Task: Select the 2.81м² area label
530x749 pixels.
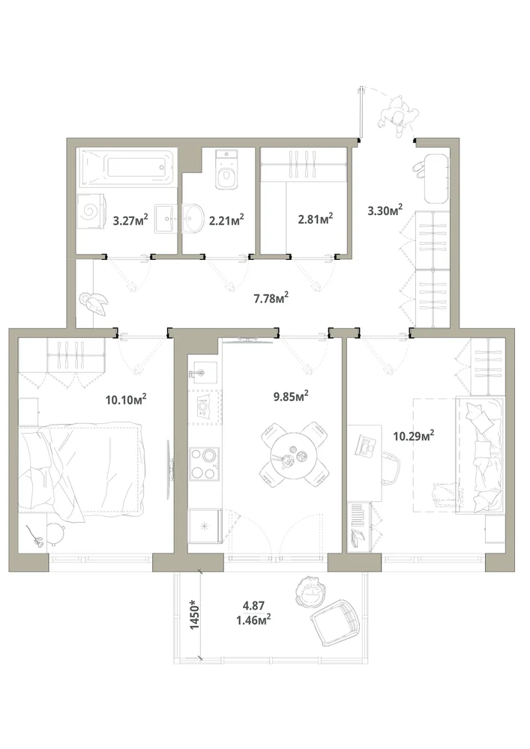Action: click(316, 219)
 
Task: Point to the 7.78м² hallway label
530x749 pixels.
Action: click(271, 299)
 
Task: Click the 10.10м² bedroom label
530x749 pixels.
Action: click(126, 399)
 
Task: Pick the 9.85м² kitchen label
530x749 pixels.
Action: click(291, 396)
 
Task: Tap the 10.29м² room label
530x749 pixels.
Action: click(414, 435)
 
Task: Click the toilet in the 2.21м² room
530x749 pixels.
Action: click(226, 169)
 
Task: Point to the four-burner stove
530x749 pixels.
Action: click(205, 464)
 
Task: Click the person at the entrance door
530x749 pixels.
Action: click(398, 115)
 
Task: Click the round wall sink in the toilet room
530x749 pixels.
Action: click(193, 219)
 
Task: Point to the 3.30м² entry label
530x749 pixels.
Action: click(385, 210)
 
